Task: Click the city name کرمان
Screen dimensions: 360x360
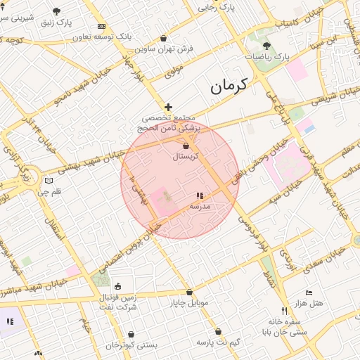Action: [229, 86]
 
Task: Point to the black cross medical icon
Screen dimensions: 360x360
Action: [168, 107]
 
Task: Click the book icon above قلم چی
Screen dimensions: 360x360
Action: [48, 181]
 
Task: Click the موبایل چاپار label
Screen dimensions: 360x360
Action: [188, 303]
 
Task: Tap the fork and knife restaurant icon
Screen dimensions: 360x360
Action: [285, 311]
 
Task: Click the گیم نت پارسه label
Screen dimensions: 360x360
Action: [219, 342]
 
